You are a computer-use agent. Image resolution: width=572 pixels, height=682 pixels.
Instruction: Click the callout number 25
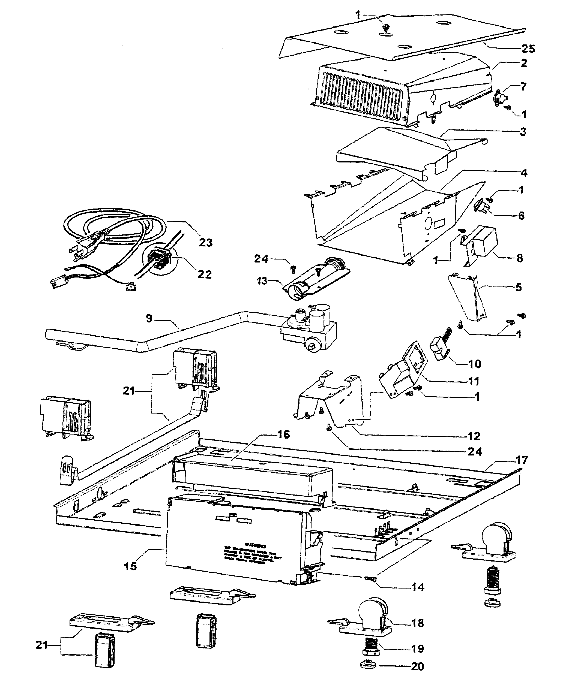[x=528, y=49]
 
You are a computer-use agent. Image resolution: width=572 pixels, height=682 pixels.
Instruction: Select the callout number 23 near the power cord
[x=206, y=242]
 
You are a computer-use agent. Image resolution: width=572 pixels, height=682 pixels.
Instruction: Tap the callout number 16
[x=283, y=434]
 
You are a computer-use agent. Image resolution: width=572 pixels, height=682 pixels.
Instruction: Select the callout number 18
[x=418, y=623]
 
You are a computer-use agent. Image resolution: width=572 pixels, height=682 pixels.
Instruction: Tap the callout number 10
[x=475, y=364]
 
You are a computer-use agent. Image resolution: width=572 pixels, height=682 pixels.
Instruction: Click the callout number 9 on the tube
[x=149, y=318]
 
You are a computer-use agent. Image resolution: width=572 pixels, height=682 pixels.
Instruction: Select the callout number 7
[x=523, y=87]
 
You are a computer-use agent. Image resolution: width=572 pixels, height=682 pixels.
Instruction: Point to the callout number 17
[x=521, y=460]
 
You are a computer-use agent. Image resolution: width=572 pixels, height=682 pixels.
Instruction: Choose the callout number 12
[x=474, y=436]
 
